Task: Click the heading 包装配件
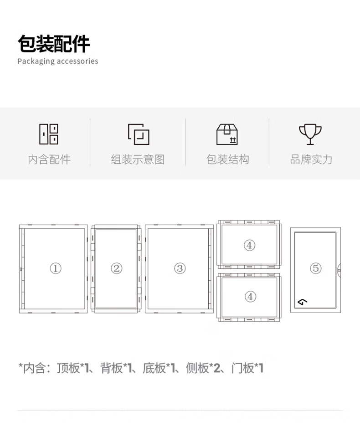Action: pos(54,44)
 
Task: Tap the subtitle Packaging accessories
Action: pos(58,61)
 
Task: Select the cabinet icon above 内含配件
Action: pos(49,134)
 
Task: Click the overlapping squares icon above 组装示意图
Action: pos(139,134)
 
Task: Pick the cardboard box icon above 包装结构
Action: pos(227,134)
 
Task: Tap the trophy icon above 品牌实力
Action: pos(310,134)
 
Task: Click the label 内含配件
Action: pos(49,159)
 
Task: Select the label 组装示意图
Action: pos(138,159)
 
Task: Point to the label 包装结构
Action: pos(227,159)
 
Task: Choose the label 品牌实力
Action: pos(311,159)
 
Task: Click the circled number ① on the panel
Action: pos(55,268)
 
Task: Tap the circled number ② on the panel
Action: pos(117,268)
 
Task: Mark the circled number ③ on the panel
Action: pos(180,268)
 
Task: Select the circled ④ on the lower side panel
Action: pos(250,297)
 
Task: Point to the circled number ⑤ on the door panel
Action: pos(315,268)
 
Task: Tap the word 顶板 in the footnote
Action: pos(69,368)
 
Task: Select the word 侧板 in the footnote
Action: pos(197,368)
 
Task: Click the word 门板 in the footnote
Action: pos(242,368)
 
